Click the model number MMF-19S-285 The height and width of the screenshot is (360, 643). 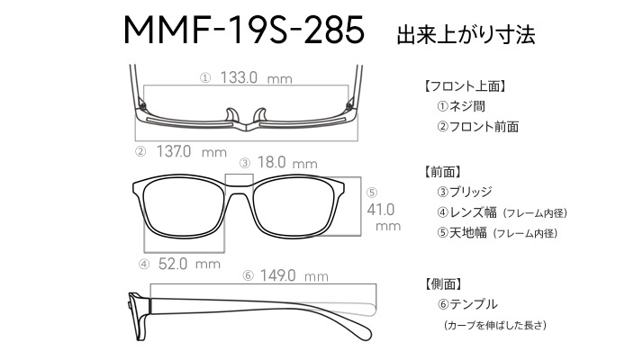tap(244, 30)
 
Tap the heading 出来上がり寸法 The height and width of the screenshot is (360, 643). tap(466, 34)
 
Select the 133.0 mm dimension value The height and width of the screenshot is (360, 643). tap(257, 77)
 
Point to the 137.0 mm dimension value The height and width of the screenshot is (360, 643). tap(192, 152)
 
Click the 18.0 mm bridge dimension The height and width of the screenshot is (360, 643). tap(287, 162)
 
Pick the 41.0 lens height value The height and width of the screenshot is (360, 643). tap(381, 210)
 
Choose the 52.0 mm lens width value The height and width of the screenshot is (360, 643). tap(189, 264)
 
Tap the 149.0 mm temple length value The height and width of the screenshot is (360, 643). tap(294, 275)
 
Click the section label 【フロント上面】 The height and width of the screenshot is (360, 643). tap(464, 86)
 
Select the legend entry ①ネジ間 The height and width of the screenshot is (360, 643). tap(461, 106)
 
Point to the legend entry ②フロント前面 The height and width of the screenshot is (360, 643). tap(478, 126)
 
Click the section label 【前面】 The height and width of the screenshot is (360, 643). tap(442, 172)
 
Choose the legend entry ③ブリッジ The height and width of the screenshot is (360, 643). tap(465, 192)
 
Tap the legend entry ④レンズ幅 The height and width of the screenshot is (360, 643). tap(466, 212)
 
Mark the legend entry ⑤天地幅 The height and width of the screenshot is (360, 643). tap(462, 232)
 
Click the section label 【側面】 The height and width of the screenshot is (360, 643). tap(442, 283)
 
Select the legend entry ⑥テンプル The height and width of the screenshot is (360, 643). tap(467, 304)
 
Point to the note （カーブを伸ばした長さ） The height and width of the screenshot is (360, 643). tap(495, 325)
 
